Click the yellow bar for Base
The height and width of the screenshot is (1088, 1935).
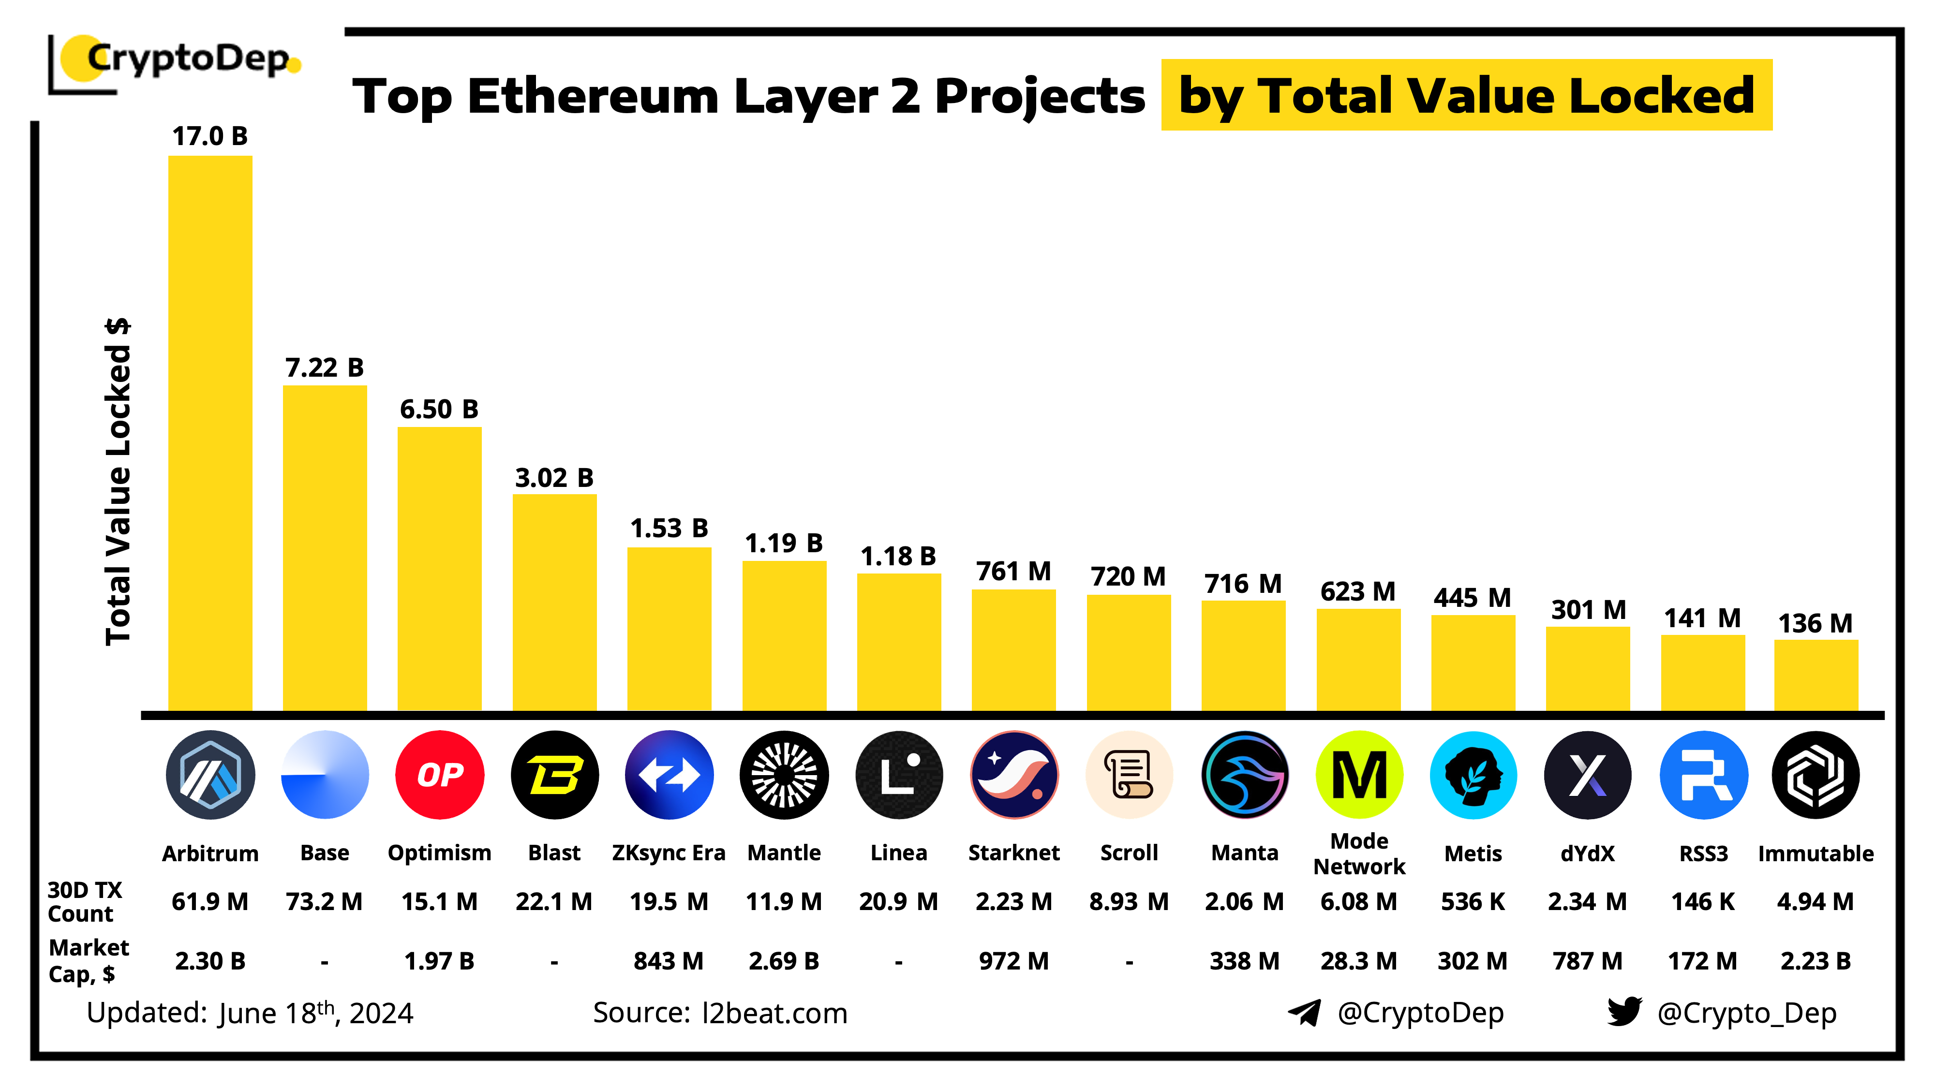(325, 548)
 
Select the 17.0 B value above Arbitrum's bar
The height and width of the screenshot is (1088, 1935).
(209, 136)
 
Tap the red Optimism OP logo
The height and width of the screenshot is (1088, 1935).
(439, 774)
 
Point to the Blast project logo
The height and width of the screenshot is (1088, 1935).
(554, 774)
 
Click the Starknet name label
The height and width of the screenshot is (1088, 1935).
(1013, 853)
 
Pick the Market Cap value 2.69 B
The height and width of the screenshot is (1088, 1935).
(784, 961)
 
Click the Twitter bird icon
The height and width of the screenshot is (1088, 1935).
(1624, 1012)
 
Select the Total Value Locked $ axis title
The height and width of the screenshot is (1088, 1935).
(118, 481)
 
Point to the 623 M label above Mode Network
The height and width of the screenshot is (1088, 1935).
(1357, 592)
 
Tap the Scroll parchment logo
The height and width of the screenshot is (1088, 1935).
(1128, 774)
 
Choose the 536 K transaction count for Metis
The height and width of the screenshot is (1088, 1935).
(1472, 901)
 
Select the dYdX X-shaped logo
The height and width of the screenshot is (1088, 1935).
(1587, 774)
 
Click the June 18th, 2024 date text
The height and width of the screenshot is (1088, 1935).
(315, 1013)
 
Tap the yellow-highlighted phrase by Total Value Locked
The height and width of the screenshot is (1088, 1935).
(1466, 95)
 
